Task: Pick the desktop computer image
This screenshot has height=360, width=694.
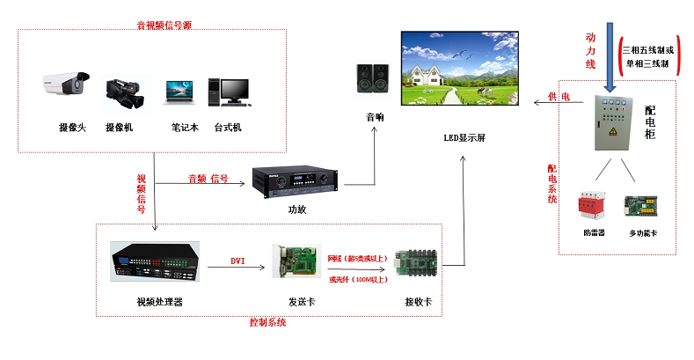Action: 226,92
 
